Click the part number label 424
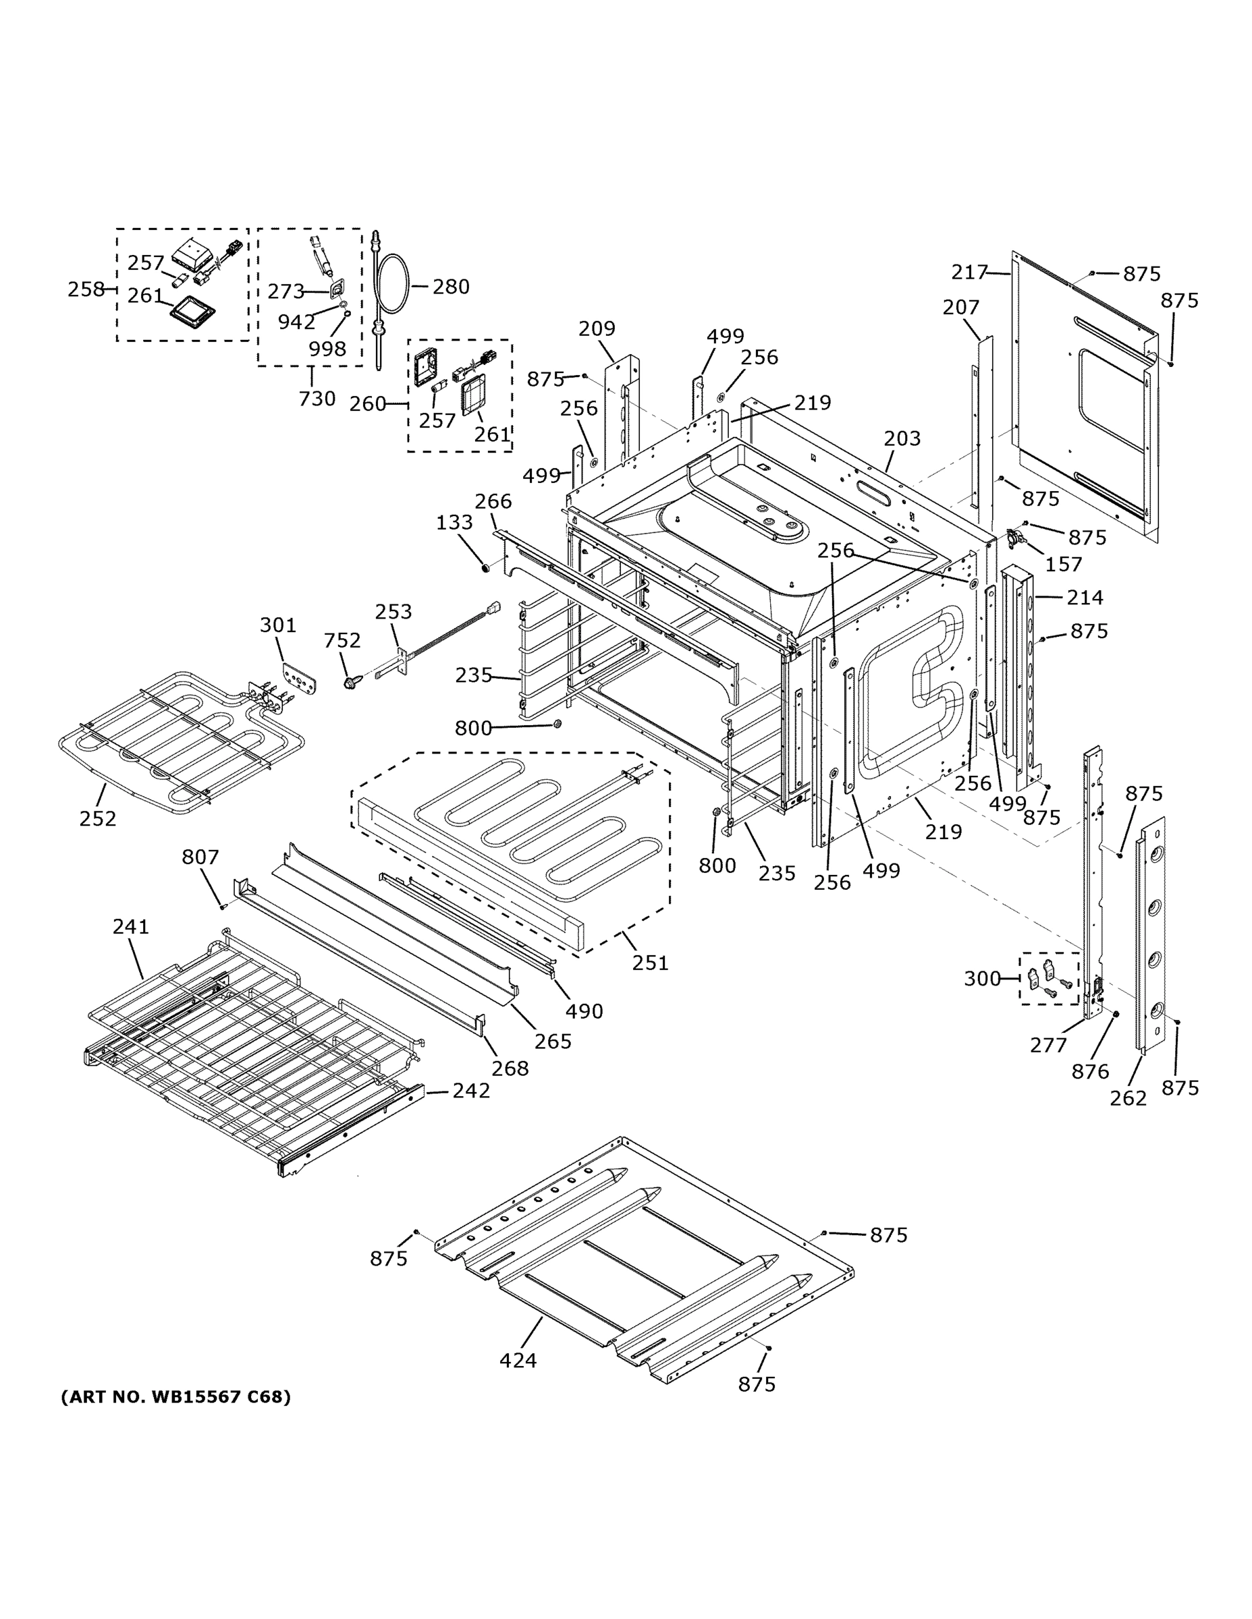pos(518,1360)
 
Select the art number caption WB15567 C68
pos(175,1396)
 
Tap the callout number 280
pos(451,286)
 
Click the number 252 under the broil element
pos(98,818)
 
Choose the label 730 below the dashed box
pos(317,399)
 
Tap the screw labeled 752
pos(350,681)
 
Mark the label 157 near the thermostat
pos(1064,564)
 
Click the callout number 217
pos(970,273)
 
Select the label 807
pos(200,857)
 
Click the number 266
pos(493,501)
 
